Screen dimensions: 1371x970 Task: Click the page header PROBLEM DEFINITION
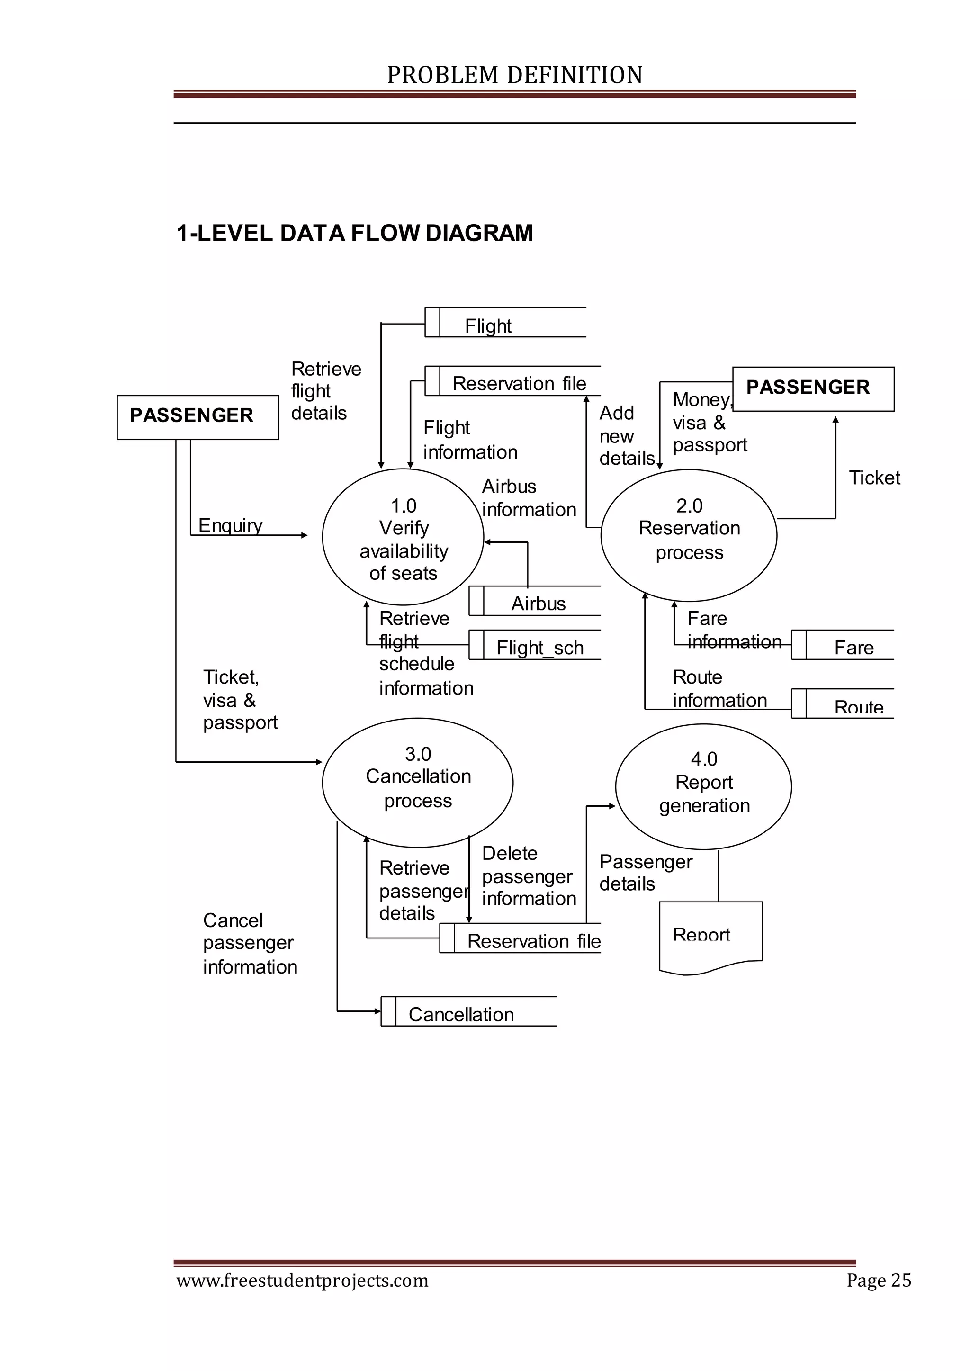tap(514, 75)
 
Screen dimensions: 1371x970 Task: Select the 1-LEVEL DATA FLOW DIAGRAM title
tap(355, 233)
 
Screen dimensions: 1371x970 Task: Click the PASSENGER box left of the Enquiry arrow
tap(197, 417)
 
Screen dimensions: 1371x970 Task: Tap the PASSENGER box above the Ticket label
tap(813, 388)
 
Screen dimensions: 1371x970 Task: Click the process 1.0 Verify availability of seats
tap(403, 538)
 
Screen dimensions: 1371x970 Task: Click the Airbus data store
tap(535, 601)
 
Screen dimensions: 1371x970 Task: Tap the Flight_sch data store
tap(535, 645)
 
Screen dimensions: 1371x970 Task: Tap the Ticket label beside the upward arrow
tap(874, 478)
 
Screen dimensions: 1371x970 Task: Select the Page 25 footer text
tap(878, 1280)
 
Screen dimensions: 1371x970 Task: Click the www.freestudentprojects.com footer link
tap(302, 1280)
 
